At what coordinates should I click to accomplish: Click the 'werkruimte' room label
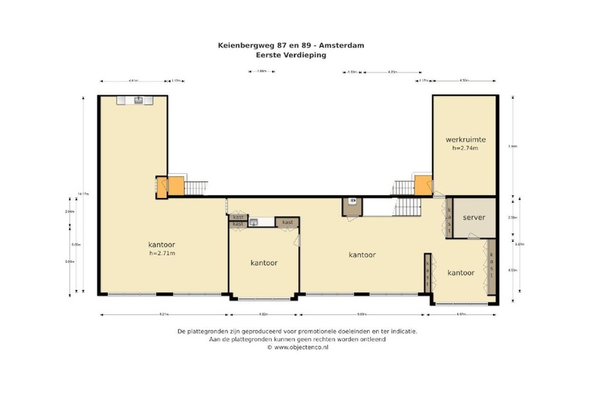coord(465,139)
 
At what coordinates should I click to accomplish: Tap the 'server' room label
coord(473,218)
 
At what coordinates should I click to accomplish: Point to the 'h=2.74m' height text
coord(465,148)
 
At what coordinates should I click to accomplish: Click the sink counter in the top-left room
coord(139,100)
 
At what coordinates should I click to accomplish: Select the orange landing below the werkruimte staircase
coord(423,185)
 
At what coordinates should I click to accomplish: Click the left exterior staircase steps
coord(196,187)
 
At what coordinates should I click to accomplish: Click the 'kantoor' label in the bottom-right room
coord(461,273)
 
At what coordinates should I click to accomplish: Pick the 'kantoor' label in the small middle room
coord(264,263)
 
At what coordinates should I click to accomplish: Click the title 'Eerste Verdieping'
coord(291,54)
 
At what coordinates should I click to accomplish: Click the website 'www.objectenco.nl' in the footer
coord(294,347)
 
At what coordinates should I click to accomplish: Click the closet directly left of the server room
coord(448,219)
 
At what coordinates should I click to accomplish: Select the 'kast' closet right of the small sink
coord(288,222)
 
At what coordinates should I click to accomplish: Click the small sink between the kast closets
coord(255,222)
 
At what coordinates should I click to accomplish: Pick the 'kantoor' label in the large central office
coord(362,255)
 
